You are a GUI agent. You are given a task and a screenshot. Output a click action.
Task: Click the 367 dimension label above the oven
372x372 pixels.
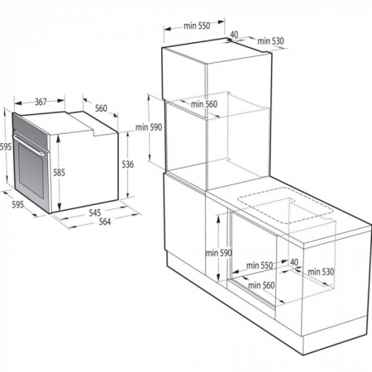coord(41,102)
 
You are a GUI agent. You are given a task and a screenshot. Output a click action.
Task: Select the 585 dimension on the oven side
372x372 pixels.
coord(59,173)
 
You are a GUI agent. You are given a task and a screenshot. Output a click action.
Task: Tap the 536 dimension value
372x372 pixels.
coord(128,165)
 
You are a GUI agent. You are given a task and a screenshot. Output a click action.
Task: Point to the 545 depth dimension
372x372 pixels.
coord(95,212)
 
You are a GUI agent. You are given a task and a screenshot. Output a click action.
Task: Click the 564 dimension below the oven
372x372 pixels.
coord(105,222)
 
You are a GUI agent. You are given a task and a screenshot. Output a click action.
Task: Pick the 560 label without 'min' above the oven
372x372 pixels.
coord(101,108)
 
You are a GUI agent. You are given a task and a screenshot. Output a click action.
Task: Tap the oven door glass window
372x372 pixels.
coord(31,170)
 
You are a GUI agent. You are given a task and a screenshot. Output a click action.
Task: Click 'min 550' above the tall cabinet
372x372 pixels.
coord(197,26)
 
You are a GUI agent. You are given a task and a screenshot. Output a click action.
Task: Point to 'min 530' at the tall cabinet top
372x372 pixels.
coord(270,41)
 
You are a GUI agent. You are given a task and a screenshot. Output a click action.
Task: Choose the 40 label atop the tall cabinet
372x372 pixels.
coord(234,35)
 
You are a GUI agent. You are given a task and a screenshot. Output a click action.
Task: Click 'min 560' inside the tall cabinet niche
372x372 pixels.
coord(204,104)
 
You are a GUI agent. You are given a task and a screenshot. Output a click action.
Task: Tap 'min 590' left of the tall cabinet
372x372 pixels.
coord(149,127)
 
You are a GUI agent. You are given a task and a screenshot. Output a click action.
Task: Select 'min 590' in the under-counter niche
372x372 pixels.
coord(219,253)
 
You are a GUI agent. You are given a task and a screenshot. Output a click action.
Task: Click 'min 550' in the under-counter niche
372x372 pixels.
coord(260,265)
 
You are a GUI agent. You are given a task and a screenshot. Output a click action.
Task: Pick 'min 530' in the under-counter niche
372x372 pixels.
coord(321,272)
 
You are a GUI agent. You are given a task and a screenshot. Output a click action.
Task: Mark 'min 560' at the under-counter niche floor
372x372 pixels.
coord(261,285)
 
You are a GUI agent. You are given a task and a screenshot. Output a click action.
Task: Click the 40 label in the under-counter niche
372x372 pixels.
coord(294,262)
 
